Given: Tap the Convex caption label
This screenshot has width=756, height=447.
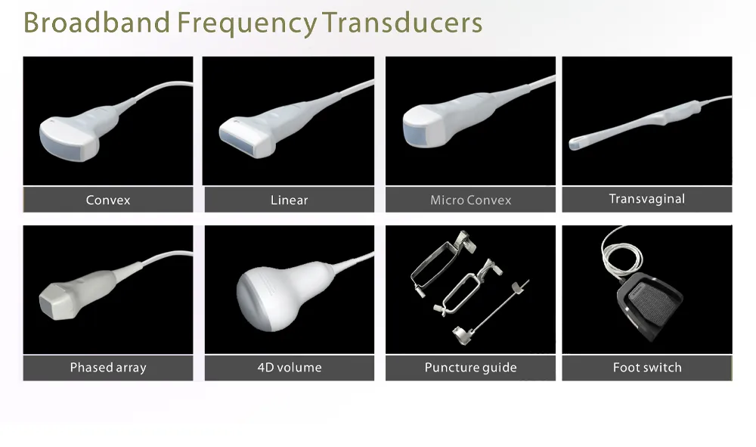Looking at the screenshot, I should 108,200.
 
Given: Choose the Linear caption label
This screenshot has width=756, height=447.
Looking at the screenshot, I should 289,200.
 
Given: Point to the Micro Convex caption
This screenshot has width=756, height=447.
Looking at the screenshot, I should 470,200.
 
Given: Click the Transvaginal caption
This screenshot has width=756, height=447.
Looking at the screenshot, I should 646,199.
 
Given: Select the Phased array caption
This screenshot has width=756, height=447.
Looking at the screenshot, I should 108,368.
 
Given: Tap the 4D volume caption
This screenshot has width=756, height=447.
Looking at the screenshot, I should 289,368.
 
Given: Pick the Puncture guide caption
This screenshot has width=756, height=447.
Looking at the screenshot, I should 470,368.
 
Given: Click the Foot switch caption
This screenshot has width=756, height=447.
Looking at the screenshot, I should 646,368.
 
